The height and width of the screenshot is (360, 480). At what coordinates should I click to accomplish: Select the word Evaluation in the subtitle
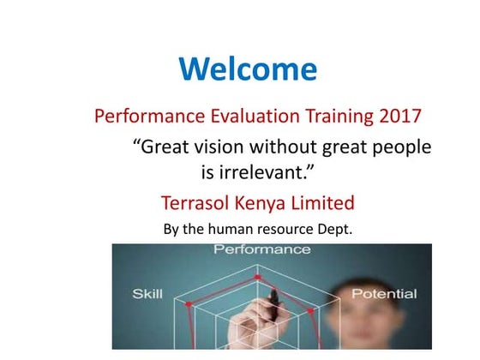pos(244,116)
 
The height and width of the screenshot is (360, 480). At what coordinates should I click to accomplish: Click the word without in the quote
pos(285,147)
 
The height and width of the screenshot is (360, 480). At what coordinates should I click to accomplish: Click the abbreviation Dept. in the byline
pos(334,230)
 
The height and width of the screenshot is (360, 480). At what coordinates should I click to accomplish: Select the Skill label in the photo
pos(147,295)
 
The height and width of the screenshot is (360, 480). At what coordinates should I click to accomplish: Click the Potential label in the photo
pos(384,295)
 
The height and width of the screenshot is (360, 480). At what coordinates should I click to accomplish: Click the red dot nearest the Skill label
pos(188,304)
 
